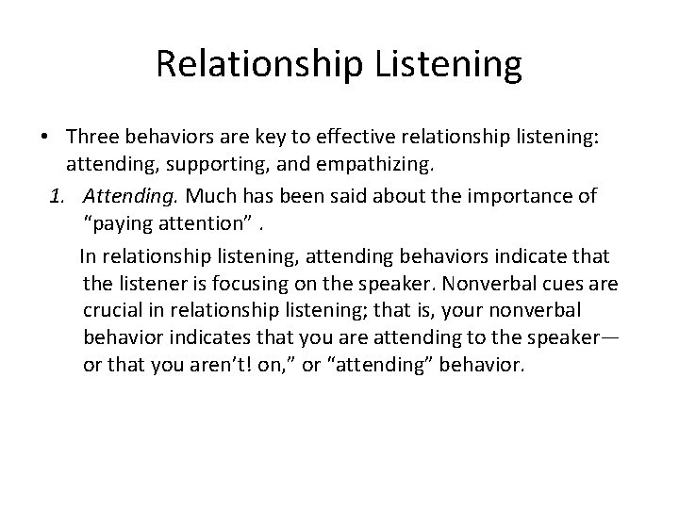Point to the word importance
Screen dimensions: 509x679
click(x=450, y=195)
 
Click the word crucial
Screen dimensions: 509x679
click(x=111, y=310)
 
